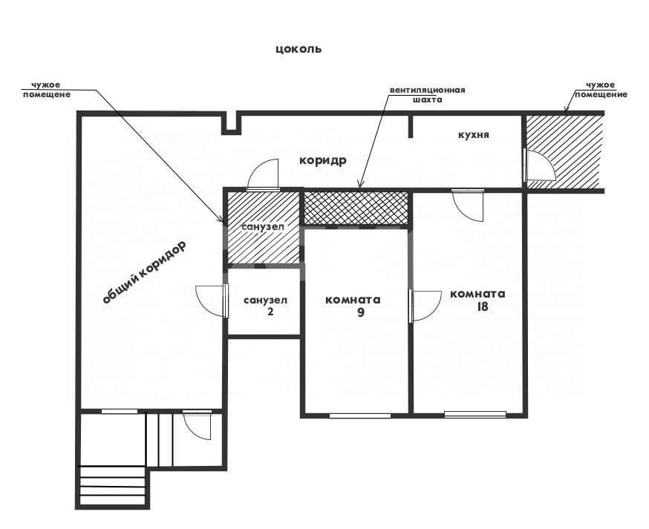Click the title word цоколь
pyautogui.click(x=299, y=49)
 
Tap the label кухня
pyautogui.click(x=474, y=135)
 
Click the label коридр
pyautogui.click(x=323, y=160)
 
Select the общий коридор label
pyautogui.click(x=144, y=272)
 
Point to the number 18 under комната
pyautogui.click(x=482, y=306)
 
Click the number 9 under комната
pyautogui.click(x=360, y=312)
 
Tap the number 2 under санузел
pyautogui.click(x=270, y=311)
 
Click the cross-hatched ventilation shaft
pyautogui.click(x=356, y=208)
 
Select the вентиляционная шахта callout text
pyautogui.click(x=427, y=95)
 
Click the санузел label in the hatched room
pyautogui.click(x=263, y=226)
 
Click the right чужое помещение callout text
pyautogui.click(x=601, y=90)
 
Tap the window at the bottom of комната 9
pyautogui.click(x=360, y=415)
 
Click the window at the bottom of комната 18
pyautogui.click(x=475, y=413)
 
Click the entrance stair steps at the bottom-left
pyautogui.click(x=112, y=485)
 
